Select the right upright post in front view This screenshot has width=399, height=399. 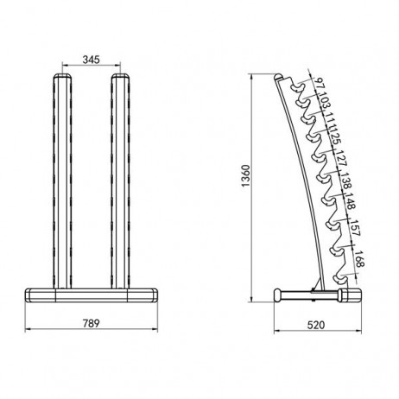(121, 181)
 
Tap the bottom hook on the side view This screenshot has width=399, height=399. (342, 275)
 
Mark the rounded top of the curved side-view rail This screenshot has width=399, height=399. (278, 78)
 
